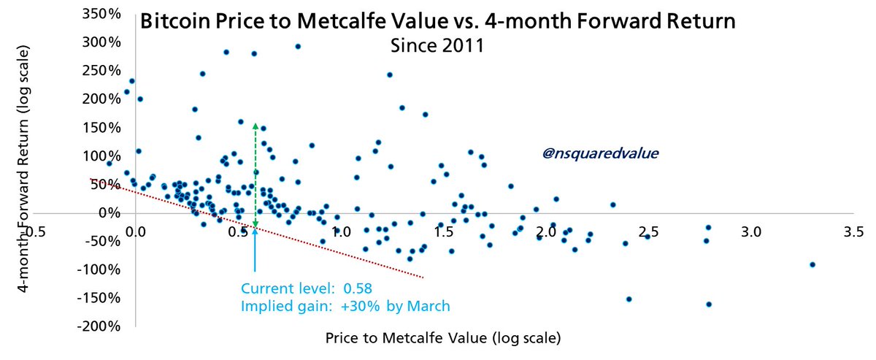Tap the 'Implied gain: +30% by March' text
coord(345,306)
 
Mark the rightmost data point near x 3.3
coord(812,264)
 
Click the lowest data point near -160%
coord(709,304)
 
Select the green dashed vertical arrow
coord(255,175)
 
